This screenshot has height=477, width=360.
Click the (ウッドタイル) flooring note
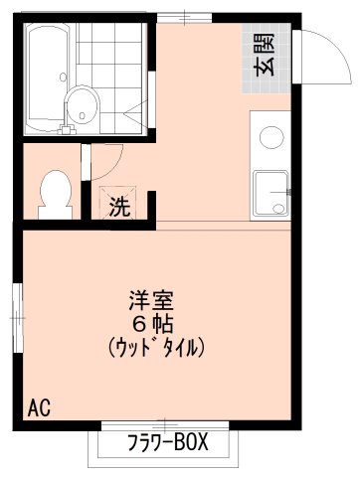tap(153, 347)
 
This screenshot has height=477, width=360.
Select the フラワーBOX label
tap(166, 442)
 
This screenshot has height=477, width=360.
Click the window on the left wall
tap(16, 315)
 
